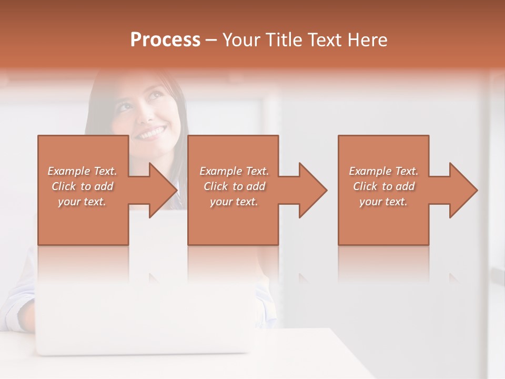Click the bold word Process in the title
165,40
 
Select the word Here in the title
368,40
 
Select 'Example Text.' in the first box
82,171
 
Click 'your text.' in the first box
82,202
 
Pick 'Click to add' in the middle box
234,186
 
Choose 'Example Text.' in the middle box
234,171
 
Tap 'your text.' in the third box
383,202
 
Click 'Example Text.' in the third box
383,171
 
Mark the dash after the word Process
211,41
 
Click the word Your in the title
239,40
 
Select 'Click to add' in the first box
82,186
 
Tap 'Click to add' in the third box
383,186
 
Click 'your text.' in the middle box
234,202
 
